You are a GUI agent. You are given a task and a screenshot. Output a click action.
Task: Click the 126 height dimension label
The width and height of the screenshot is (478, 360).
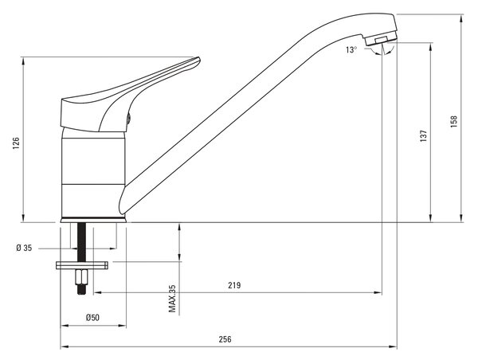coord(16,143)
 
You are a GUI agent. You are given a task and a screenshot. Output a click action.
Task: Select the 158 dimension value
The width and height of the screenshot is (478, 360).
coord(454,121)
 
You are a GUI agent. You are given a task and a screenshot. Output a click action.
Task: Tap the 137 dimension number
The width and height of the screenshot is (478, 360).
coord(424,136)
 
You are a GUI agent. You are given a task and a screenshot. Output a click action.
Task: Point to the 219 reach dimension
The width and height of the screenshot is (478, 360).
coord(234,285)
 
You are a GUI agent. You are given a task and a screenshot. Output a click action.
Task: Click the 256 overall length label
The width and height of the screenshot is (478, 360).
coord(225,339)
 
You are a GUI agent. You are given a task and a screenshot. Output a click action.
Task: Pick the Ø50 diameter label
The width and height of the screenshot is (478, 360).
coord(92,318)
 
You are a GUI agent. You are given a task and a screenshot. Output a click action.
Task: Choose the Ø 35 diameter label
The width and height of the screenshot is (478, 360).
coord(24,248)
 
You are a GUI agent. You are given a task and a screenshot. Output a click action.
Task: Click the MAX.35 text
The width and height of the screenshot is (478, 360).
coord(172,299)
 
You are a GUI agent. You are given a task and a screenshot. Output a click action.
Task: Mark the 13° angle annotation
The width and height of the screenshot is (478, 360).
coord(351,49)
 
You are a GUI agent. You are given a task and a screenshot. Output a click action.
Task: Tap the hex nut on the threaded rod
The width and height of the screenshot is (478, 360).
coord(81,277)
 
